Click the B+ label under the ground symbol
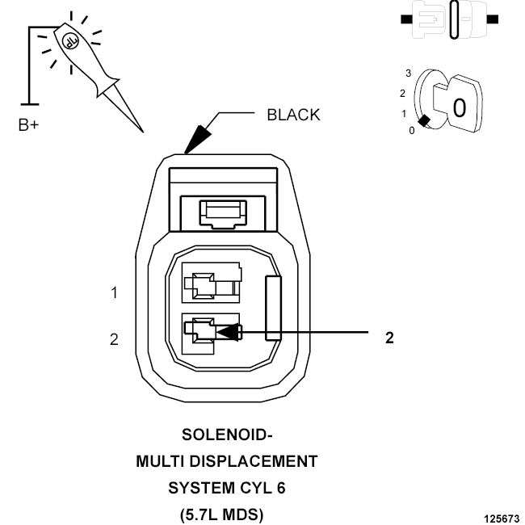[29, 125]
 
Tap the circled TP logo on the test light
[70, 41]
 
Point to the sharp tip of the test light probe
[143, 132]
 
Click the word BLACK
[293, 115]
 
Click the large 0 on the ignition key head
[459, 107]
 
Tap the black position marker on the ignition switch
[425, 120]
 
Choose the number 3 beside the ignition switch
[408, 73]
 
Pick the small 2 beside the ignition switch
[402, 94]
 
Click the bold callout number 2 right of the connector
[389, 338]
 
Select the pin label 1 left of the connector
[114, 292]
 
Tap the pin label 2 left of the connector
[114, 339]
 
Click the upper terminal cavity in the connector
[211, 283]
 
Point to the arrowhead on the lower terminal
[228, 332]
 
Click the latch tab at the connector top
[223, 213]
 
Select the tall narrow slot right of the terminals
[273, 308]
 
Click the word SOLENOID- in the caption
[227, 435]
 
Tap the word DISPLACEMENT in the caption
[254, 461]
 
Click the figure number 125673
[502, 519]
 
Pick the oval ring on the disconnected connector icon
[454, 19]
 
